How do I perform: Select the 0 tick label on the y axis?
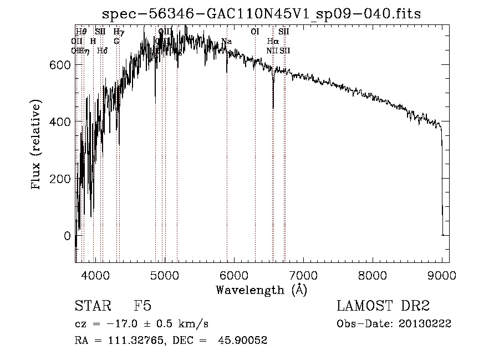(x=67, y=236)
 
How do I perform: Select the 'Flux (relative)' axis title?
(x=37, y=145)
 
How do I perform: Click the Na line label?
(x=226, y=42)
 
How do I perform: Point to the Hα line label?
(x=273, y=42)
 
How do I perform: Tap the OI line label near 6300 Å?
(x=255, y=32)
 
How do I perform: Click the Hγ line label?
(x=119, y=32)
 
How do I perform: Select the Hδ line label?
(x=102, y=50)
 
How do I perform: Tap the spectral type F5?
(x=142, y=306)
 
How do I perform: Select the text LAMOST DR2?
(x=383, y=306)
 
